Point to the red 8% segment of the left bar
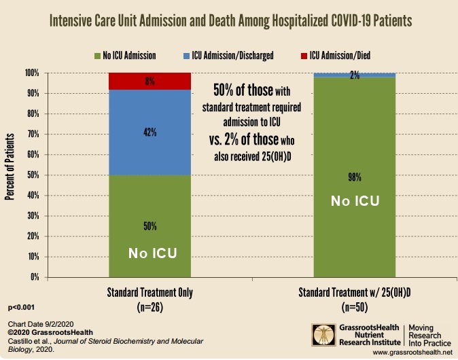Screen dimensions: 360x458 coord(150,82)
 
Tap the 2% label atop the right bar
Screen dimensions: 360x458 coord(354,75)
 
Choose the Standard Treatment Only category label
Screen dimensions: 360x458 coord(150,293)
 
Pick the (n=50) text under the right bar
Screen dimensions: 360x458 coord(354,306)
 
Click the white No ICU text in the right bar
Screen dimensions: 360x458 coord(354,202)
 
